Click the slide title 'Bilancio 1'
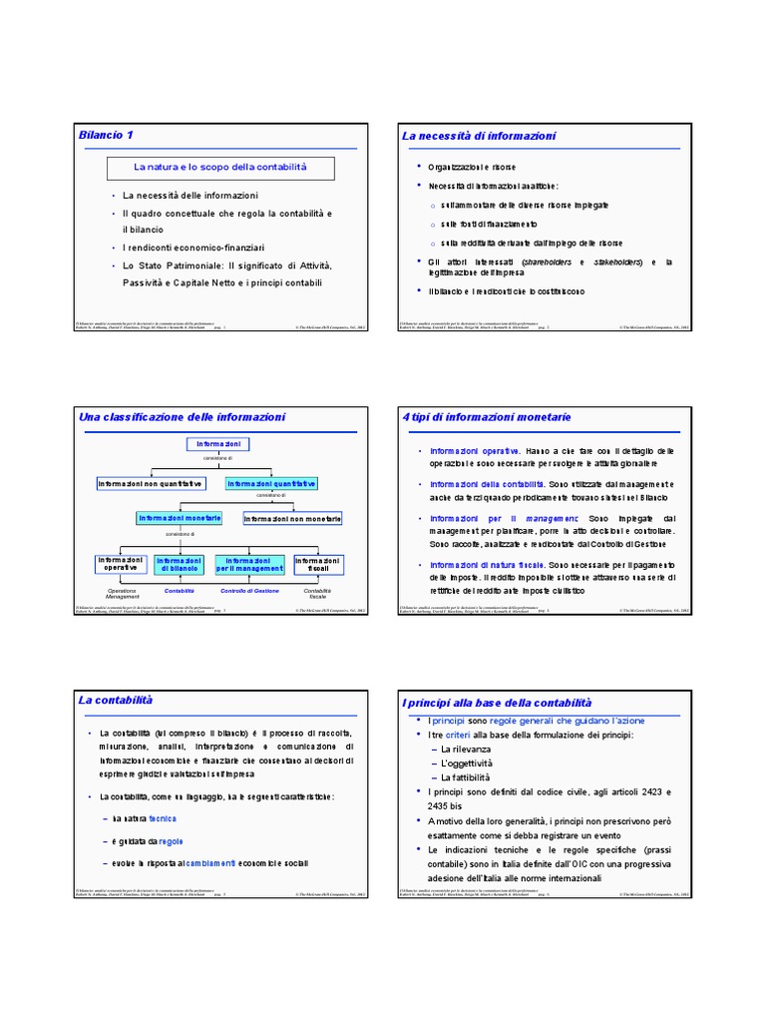tap(106, 135)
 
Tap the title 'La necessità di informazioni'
tap(479, 136)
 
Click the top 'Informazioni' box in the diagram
tap(216, 444)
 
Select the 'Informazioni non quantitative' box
tap(150, 483)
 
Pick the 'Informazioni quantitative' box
tap(271, 483)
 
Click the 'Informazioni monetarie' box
tap(180, 518)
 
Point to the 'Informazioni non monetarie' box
tap(292, 519)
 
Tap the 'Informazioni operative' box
tap(121, 565)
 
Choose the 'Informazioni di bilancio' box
tap(180, 565)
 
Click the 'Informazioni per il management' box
tap(249, 565)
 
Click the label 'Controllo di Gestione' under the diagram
tap(249, 591)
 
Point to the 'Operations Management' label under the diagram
tap(124, 594)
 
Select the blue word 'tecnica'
tap(163, 817)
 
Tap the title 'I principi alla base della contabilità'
tap(496, 703)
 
